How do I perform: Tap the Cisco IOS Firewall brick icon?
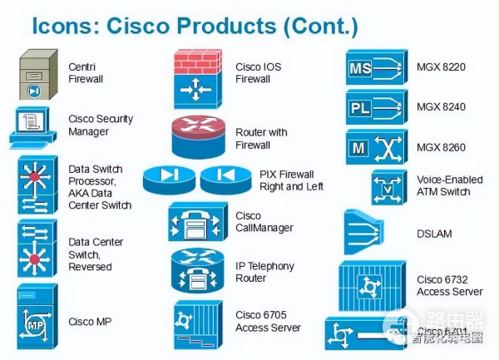click(198, 79)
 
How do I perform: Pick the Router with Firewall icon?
click(198, 136)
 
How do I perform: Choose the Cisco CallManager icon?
click(197, 223)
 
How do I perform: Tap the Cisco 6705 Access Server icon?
click(198, 323)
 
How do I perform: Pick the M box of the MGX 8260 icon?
click(359, 148)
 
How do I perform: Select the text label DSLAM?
click(433, 234)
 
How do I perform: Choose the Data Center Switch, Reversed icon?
click(37, 249)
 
